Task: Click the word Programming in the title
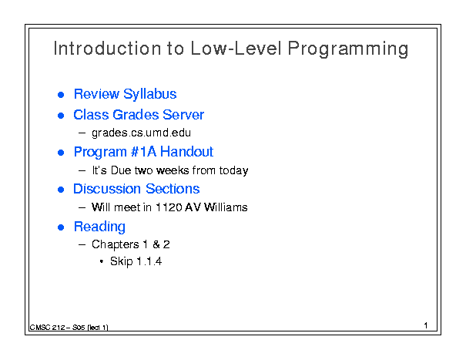click(x=348, y=49)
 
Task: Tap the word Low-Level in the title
click(x=236, y=49)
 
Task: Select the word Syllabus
click(x=149, y=95)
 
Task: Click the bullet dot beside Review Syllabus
click(x=61, y=95)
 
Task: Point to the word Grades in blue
click(x=136, y=115)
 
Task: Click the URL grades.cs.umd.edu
click(x=141, y=133)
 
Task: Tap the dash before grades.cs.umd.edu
click(x=82, y=133)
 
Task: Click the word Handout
click(x=186, y=152)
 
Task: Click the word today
click(x=233, y=171)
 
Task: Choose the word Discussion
click(x=107, y=189)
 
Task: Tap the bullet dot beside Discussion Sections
click(x=61, y=190)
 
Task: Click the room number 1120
click(x=168, y=207)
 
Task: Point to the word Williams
click(x=226, y=207)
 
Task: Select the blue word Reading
click(x=99, y=227)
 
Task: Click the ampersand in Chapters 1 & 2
click(x=156, y=244)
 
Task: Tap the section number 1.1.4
click(x=149, y=261)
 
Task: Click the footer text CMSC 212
click(x=47, y=328)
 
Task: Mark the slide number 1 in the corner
click(x=426, y=325)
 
